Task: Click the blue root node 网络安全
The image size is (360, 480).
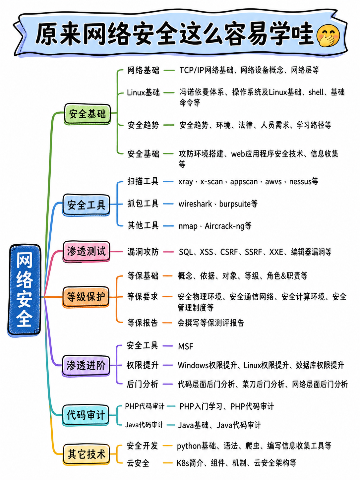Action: pos(24,290)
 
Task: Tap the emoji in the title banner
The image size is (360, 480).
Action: pos(328,36)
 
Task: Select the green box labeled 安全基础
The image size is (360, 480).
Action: pos(87,114)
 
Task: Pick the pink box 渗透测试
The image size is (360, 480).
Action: pos(86,251)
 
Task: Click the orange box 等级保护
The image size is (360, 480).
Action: pos(86,297)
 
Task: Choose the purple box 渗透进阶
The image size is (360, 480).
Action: pos(86,366)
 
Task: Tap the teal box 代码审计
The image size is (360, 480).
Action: pos(85,415)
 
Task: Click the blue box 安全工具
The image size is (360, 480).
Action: pos(86,205)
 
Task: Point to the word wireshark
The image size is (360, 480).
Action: pos(195,204)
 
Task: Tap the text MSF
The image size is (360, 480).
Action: pos(186,346)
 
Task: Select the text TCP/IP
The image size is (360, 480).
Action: pos(191,70)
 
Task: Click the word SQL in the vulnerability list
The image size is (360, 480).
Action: pos(186,252)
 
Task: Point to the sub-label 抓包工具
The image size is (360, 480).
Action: pos(143,204)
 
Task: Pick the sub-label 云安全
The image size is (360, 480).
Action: pos(138,463)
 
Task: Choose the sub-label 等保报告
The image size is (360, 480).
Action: pos(143,323)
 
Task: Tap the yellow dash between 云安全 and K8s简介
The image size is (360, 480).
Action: pos(168,463)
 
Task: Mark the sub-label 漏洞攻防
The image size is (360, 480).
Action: pos(143,252)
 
